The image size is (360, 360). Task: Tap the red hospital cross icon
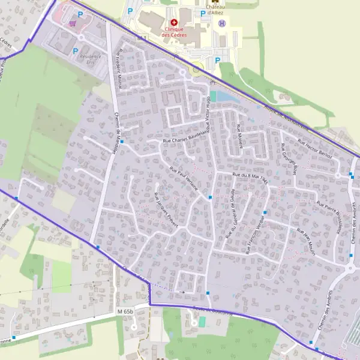[174, 22]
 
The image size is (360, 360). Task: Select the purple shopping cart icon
[73, 24]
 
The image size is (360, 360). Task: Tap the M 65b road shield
[125, 311]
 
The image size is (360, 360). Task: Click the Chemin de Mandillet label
[118, 130]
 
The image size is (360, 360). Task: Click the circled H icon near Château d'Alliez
[223, 23]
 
